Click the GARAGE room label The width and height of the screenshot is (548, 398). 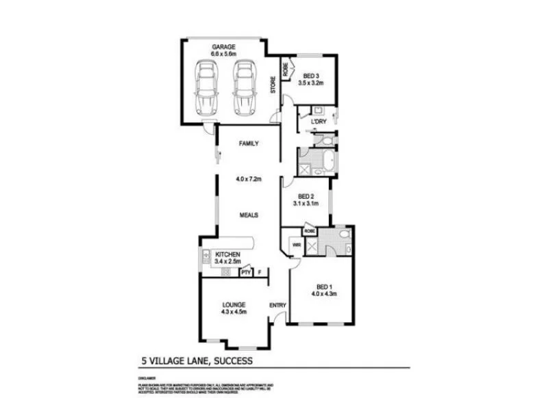point(223,47)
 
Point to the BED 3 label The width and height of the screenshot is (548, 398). point(310,75)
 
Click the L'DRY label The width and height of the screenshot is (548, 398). point(317,122)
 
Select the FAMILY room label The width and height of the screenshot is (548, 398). point(247,144)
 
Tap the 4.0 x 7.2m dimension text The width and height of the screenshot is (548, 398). point(248,179)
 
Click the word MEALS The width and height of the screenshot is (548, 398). point(248,215)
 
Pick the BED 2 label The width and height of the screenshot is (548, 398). point(306,196)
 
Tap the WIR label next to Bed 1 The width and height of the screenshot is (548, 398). point(296,243)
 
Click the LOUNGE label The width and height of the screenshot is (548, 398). point(234,304)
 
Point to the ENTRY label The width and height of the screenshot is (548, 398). point(277,305)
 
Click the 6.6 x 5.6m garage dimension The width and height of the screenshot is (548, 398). point(223,53)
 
